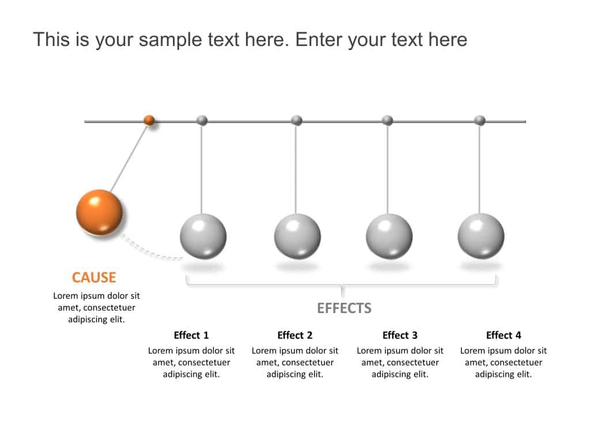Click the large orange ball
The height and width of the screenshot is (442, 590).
(x=99, y=212)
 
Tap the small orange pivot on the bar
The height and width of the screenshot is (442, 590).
(x=149, y=120)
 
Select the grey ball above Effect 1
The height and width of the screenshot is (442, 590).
(x=203, y=237)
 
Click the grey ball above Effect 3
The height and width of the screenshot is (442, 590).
(x=389, y=237)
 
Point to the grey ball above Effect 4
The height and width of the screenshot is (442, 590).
(x=481, y=237)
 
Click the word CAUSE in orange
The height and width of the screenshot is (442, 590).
(x=94, y=277)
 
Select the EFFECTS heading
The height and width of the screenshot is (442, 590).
(x=344, y=308)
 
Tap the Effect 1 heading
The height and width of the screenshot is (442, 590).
(x=191, y=335)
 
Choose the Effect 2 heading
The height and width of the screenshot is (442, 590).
(x=295, y=335)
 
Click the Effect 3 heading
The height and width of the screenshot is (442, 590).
(x=400, y=335)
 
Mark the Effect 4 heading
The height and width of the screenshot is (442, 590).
(x=504, y=335)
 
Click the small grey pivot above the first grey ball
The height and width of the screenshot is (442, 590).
(x=202, y=120)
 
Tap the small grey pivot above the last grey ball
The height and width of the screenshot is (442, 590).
(x=479, y=120)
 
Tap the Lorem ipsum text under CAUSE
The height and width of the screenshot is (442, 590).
(x=97, y=307)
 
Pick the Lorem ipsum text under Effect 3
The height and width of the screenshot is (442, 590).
(x=400, y=362)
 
